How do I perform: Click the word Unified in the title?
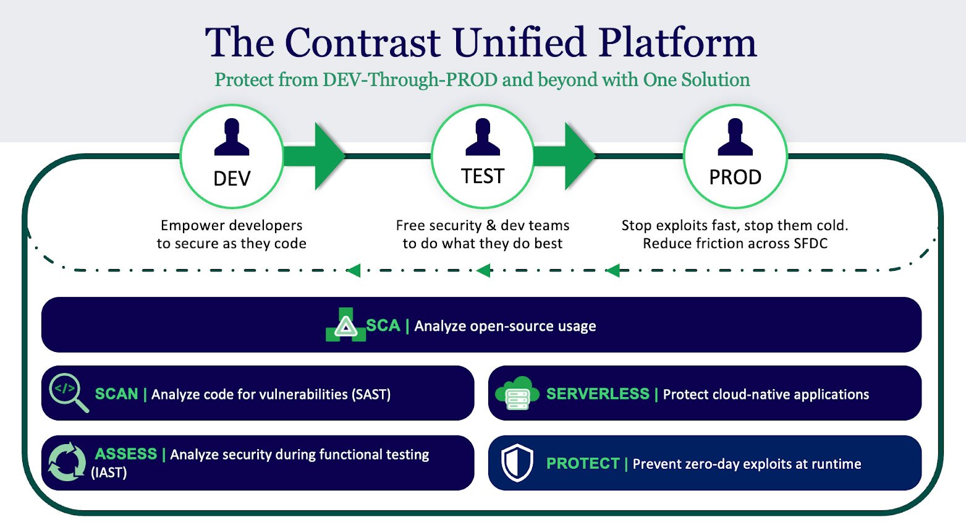(x=519, y=43)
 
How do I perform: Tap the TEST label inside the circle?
(x=483, y=177)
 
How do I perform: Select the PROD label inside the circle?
(x=735, y=178)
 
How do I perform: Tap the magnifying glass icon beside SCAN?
(x=68, y=392)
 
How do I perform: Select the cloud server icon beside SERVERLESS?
(x=517, y=393)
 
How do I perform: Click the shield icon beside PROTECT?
(x=517, y=463)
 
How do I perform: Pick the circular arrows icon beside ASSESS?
(x=67, y=461)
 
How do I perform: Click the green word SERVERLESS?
(x=598, y=394)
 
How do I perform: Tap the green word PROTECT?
(x=583, y=464)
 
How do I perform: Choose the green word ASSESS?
(x=126, y=454)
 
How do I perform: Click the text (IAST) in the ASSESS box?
(x=109, y=473)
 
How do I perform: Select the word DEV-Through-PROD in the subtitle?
(x=410, y=80)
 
